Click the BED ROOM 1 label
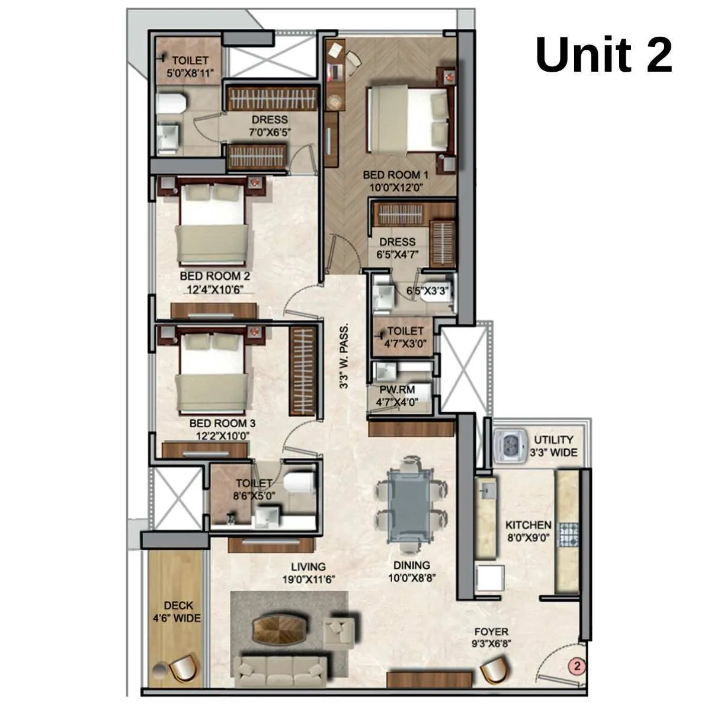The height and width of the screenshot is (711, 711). point(395,175)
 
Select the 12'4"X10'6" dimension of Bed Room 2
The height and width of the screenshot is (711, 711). point(215,289)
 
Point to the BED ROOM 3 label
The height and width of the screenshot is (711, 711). point(222,424)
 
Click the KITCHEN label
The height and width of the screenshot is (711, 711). point(528,525)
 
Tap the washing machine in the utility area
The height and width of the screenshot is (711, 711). point(510,445)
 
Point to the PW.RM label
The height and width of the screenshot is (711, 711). point(397,390)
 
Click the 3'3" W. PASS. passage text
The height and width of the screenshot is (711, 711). point(344,356)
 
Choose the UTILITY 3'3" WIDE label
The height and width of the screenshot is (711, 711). point(553,446)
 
